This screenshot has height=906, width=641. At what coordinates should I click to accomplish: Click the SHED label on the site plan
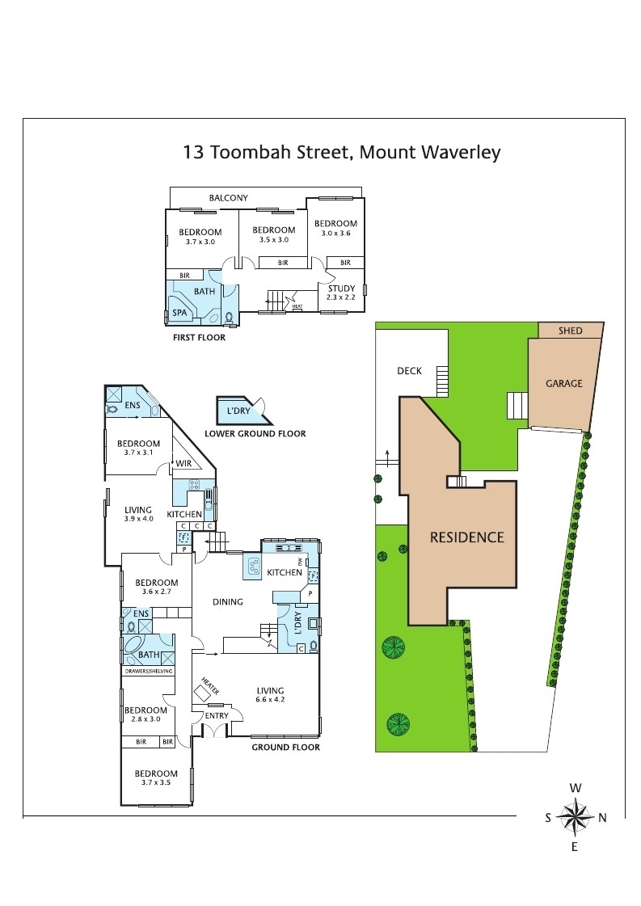coord(571,331)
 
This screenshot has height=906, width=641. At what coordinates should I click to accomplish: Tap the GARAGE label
coord(563,383)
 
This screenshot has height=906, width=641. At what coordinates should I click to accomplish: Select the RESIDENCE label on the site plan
coord(466,537)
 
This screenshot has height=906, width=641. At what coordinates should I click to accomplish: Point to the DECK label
coord(409,371)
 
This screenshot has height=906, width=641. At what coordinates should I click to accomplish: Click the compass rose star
coord(575,816)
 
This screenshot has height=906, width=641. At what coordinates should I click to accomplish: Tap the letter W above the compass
coord(575,787)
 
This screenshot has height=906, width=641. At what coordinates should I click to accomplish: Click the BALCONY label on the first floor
coord(228,198)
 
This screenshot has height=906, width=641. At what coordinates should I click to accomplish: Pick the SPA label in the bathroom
coord(179,312)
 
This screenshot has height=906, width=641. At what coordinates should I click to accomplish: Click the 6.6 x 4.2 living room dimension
coord(270,700)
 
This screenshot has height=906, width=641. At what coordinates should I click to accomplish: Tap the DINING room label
coord(229,601)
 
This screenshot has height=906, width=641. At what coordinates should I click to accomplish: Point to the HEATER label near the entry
coord(210,686)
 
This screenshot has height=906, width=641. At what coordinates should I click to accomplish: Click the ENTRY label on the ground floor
coord(217,715)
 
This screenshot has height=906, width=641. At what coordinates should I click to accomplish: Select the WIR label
coord(184,463)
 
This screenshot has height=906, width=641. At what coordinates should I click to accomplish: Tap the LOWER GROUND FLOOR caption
coord(255,434)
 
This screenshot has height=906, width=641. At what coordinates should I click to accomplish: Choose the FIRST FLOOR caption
coord(199,338)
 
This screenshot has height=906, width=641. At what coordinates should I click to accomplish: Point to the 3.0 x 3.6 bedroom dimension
coord(335,233)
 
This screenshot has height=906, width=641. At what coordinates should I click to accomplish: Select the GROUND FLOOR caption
coord(285,747)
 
